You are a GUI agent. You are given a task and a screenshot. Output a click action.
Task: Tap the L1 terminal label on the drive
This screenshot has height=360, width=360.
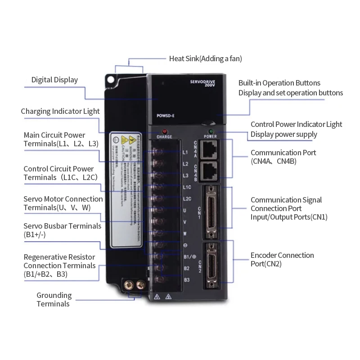pyautogui.click(x=185, y=152)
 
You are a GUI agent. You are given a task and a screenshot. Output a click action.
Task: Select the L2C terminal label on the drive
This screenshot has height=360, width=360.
pyautogui.click(x=187, y=198)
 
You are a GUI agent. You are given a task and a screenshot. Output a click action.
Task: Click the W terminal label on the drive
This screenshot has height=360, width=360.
pyautogui.click(x=185, y=234)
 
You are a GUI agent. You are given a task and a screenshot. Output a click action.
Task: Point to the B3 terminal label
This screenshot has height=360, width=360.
pyautogui.click(x=186, y=280)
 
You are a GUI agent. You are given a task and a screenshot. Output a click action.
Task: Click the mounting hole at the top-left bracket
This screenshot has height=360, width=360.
pyautogui.click(x=110, y=80)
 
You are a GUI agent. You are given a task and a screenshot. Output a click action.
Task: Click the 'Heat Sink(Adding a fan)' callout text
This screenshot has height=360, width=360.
pyautogui.click(x=202, y=58)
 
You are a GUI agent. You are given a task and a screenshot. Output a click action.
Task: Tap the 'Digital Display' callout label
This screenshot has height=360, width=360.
pyautogui.click(x=54, y=80)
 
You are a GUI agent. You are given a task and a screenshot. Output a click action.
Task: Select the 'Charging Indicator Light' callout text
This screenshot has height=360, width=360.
pyautogui.click(x=60, y=112)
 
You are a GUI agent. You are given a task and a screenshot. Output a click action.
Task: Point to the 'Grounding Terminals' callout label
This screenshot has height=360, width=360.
pyautogui.click(x=54, y=300)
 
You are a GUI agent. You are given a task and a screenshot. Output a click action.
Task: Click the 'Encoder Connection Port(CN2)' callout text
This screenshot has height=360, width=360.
pyautogui.click(x=282, y=260)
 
